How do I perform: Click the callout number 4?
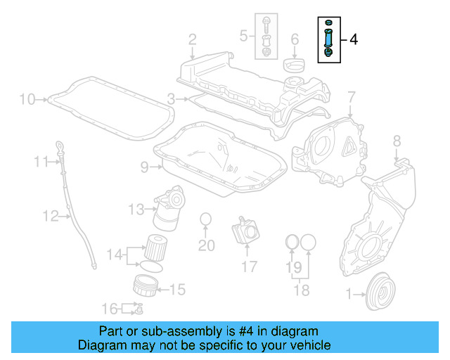(353, 40)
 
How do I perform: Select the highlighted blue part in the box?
(328, 39)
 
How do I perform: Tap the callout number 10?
(27, 99)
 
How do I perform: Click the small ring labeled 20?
(205, 220)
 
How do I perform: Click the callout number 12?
(50, 216)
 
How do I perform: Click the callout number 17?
(250, 266)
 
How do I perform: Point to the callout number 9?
(144, 167)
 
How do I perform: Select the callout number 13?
(136, 208)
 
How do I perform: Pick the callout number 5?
(243, 33)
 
